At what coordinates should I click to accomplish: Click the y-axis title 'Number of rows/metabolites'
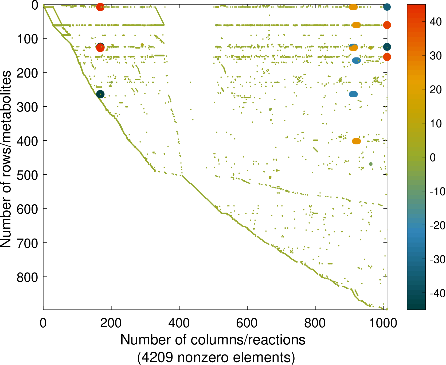pos(6,159)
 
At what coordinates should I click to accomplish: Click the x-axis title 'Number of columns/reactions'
pos(213,340)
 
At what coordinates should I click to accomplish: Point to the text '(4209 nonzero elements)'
pos(216,357)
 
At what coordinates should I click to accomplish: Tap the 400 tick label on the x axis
pos(179,323)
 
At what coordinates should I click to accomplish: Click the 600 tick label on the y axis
pos(28,209)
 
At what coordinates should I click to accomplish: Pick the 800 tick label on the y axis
pos(28,277)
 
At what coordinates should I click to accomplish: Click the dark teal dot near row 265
pos(100,94)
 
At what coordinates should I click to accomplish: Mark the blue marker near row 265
pos(353,94)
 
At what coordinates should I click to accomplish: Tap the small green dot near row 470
pos(371,164)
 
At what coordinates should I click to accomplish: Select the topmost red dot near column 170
pos(100,7)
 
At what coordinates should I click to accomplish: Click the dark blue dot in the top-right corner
pos(387,7)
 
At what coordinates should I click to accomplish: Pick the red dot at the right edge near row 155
pos(387,57)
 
